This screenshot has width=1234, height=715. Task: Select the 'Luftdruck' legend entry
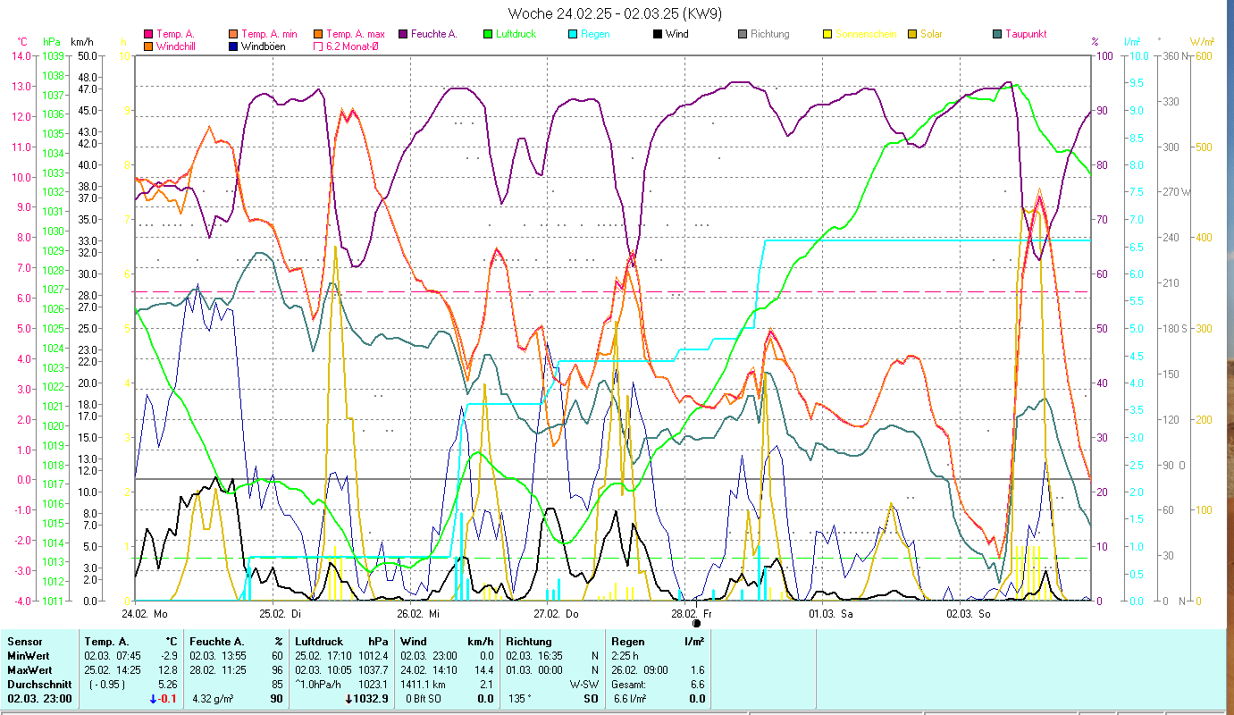coord(517,34)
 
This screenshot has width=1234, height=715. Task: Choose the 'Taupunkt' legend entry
coord(1025,34)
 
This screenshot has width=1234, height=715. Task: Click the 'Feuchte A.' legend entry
coord(433,34)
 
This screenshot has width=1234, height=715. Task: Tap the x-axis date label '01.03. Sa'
coord(831,614)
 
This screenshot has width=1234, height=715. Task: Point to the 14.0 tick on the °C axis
coord(21,55)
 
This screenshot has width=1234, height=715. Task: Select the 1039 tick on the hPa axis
coord(53,55)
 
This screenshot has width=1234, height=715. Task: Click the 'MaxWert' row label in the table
coord(29,669)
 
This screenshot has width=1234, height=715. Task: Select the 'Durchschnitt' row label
coord(37,684)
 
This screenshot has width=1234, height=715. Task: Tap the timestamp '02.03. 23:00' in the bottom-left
coord(39,698)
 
